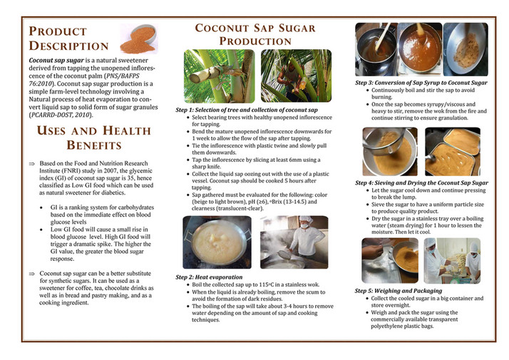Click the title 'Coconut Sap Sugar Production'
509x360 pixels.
coord(256,35)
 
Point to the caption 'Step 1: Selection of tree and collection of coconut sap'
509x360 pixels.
coord(247,111)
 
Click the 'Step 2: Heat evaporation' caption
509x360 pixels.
coord(209,276)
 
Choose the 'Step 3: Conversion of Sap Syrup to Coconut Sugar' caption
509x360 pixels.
coord(421,83)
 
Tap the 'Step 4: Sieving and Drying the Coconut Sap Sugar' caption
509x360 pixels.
coord(421,183)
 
